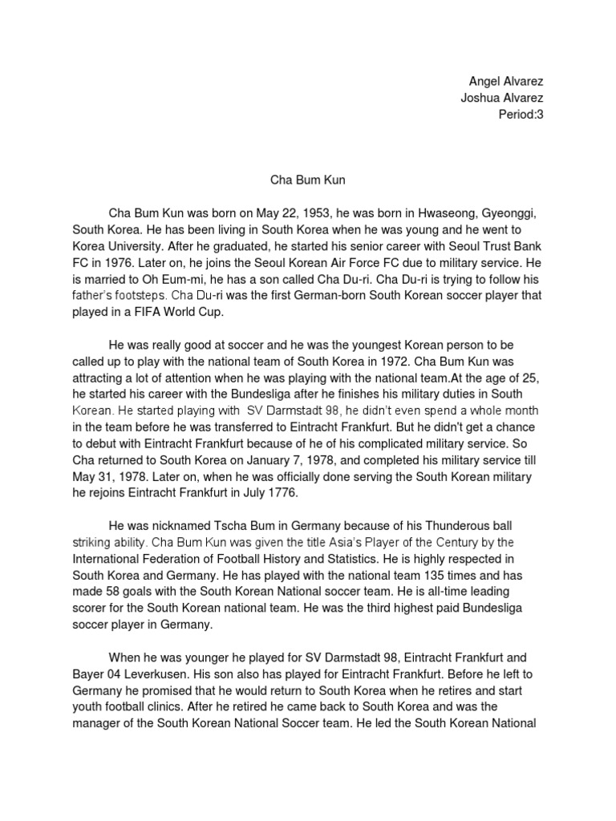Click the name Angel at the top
tap(484, 83)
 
